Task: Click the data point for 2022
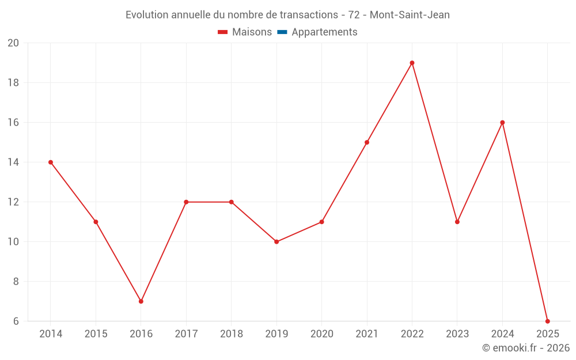tap(412, 63)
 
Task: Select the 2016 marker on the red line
tap(141, 301)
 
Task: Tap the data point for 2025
tap(547, 321)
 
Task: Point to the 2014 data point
tap(51, 162)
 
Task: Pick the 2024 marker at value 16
tap(502, 123)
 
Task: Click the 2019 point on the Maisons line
tap(276, 242)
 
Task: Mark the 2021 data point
tap(367, 142)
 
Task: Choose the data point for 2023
tap(457, 222)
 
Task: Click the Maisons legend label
tap(252, 32)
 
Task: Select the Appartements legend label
tap(324, 32)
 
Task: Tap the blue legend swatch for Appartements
tap(282, 32)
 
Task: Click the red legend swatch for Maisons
tap(223, 32)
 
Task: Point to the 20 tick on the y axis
tap(13, 43)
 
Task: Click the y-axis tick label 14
tap(13, 162)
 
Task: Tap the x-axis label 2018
tap(231, 334)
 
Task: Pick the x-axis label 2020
tap(321, 334)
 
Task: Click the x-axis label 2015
tap(96, 334)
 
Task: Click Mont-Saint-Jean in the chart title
tap(410, 15)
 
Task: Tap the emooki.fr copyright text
tap(526, 348)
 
